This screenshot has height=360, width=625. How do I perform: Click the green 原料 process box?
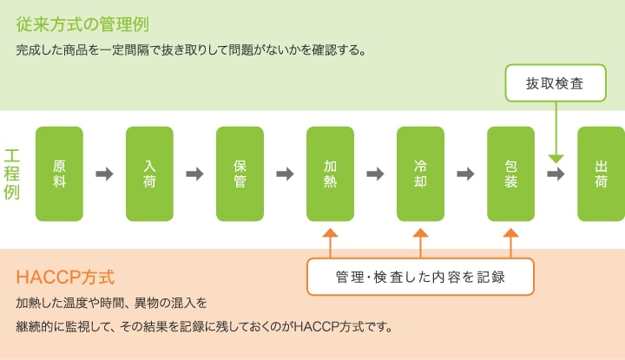59,173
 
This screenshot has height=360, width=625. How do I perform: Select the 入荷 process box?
149,173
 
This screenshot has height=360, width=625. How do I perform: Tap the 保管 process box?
240,173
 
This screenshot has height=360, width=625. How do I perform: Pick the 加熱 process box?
330,173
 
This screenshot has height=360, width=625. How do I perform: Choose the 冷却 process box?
420,173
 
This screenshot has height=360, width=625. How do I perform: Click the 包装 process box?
510,173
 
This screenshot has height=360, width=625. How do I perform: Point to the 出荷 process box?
601,173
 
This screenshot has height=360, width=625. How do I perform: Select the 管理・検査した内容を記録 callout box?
420,278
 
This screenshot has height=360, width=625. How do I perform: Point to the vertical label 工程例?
12,173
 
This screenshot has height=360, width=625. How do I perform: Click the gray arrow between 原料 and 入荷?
104,174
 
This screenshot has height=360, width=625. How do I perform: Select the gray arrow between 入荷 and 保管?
194,174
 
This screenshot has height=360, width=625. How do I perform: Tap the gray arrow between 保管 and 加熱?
285,174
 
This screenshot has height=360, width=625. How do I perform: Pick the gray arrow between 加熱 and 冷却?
375,174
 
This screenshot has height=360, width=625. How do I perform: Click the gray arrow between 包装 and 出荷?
556,174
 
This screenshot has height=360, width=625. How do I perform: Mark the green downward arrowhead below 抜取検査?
556,158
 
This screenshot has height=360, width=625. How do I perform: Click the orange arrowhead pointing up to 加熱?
330,232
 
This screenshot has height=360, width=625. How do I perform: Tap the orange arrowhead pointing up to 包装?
510,232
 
